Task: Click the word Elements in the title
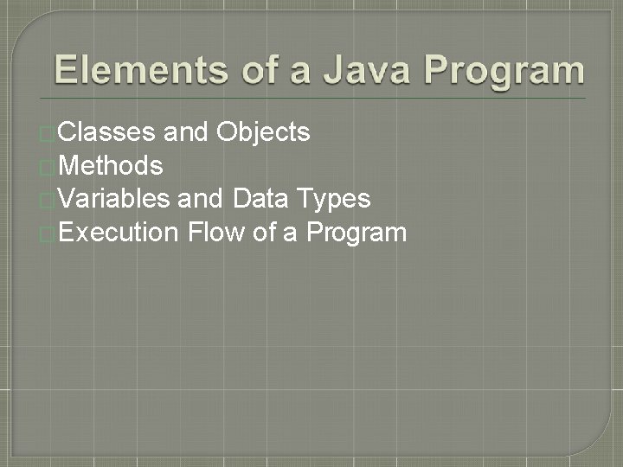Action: click(x=140, y=70)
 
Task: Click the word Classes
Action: click(x=108, y=131)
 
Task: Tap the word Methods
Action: click(x=112, y=165)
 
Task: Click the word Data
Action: click(x=262, y=199)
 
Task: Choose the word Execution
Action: click(x=120, y=232)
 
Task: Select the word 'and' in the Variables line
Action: click(x=201, y=199)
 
